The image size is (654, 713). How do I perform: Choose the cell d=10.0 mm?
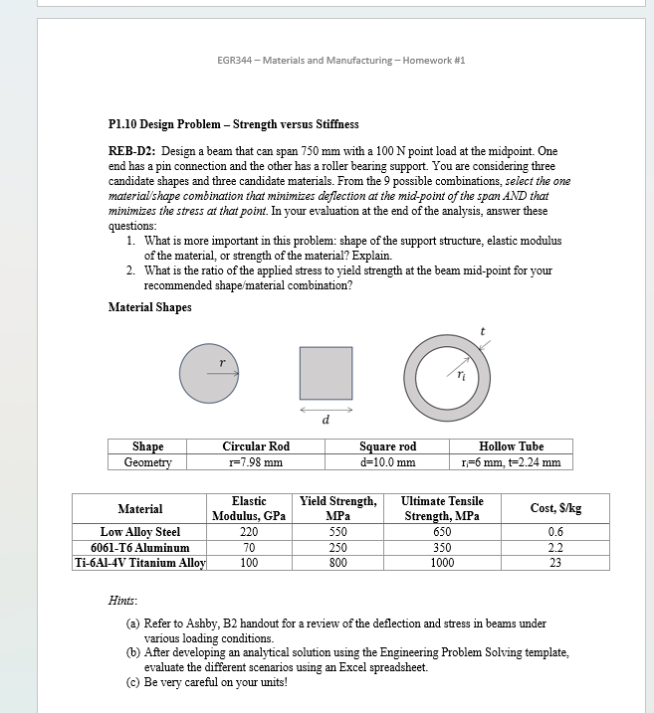[x=387, y=462]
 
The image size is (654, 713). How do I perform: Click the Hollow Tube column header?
[x=511, y=446]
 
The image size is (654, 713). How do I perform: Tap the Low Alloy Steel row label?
[x=140, y=532]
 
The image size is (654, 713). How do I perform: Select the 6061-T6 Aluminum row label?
[x=140, y=547]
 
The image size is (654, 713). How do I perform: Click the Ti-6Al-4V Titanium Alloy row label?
[x=140, y=562]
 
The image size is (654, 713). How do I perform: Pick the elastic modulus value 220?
[x=249, y=532]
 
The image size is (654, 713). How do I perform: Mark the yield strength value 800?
[x=338, y=562]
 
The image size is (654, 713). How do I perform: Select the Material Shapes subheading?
[x=150, y=306]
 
